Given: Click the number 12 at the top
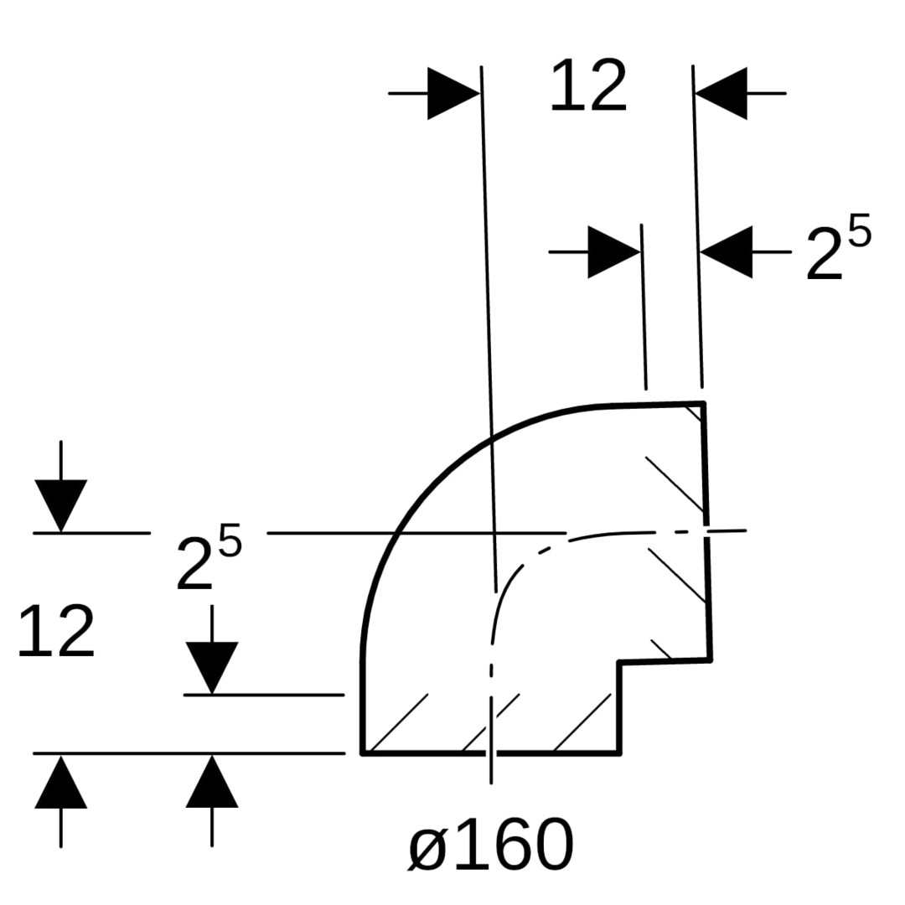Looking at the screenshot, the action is [x=589, y=85].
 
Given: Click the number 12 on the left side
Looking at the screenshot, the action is [x=56, y=632].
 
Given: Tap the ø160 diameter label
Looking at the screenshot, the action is [x=490, y=845].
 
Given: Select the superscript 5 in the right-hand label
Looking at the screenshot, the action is [x=860, y=230].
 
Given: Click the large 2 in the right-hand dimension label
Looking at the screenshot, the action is [x=825, y=253].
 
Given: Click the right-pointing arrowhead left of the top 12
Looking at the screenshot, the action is [x=453, y=94].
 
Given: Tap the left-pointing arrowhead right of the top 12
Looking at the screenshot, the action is [x=721, y=94].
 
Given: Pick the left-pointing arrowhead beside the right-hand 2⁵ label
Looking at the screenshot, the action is [x=726, y=252].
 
